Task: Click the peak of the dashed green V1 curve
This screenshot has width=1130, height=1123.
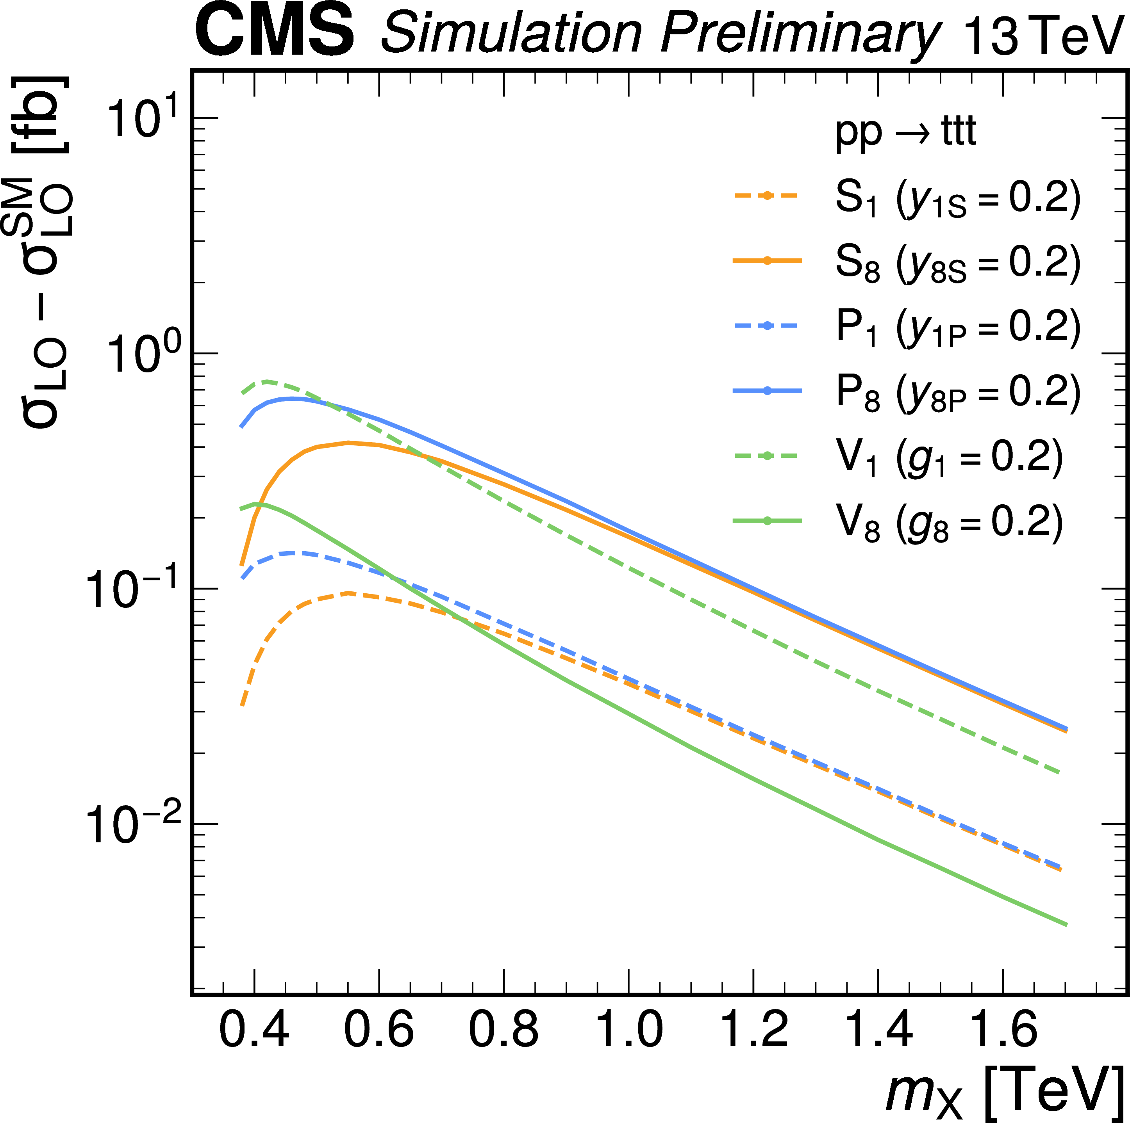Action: [x=267, y=382]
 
